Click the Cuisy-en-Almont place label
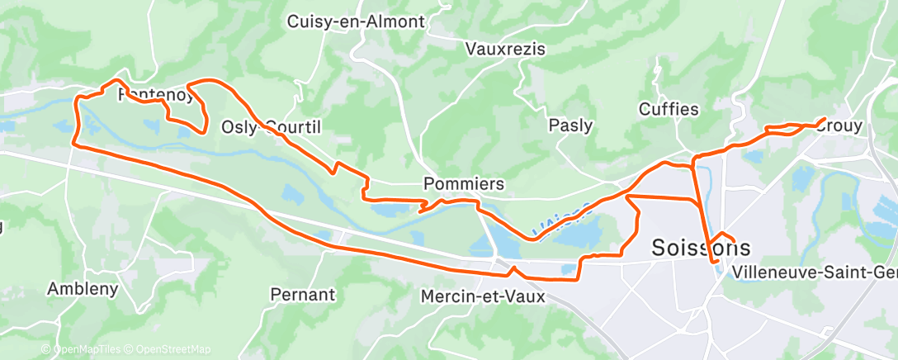point(356,22)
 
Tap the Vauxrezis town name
point(505,49)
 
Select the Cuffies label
point(669,109)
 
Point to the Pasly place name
point(570,126)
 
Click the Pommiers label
point(463,182)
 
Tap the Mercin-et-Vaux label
point(483,296)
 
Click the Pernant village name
point(303,294)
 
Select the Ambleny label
point(83,289)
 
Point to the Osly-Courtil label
point(271,127)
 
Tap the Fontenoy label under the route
point(158,94)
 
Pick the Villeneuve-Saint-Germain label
point(814,271)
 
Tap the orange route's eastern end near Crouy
point(825,120)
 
